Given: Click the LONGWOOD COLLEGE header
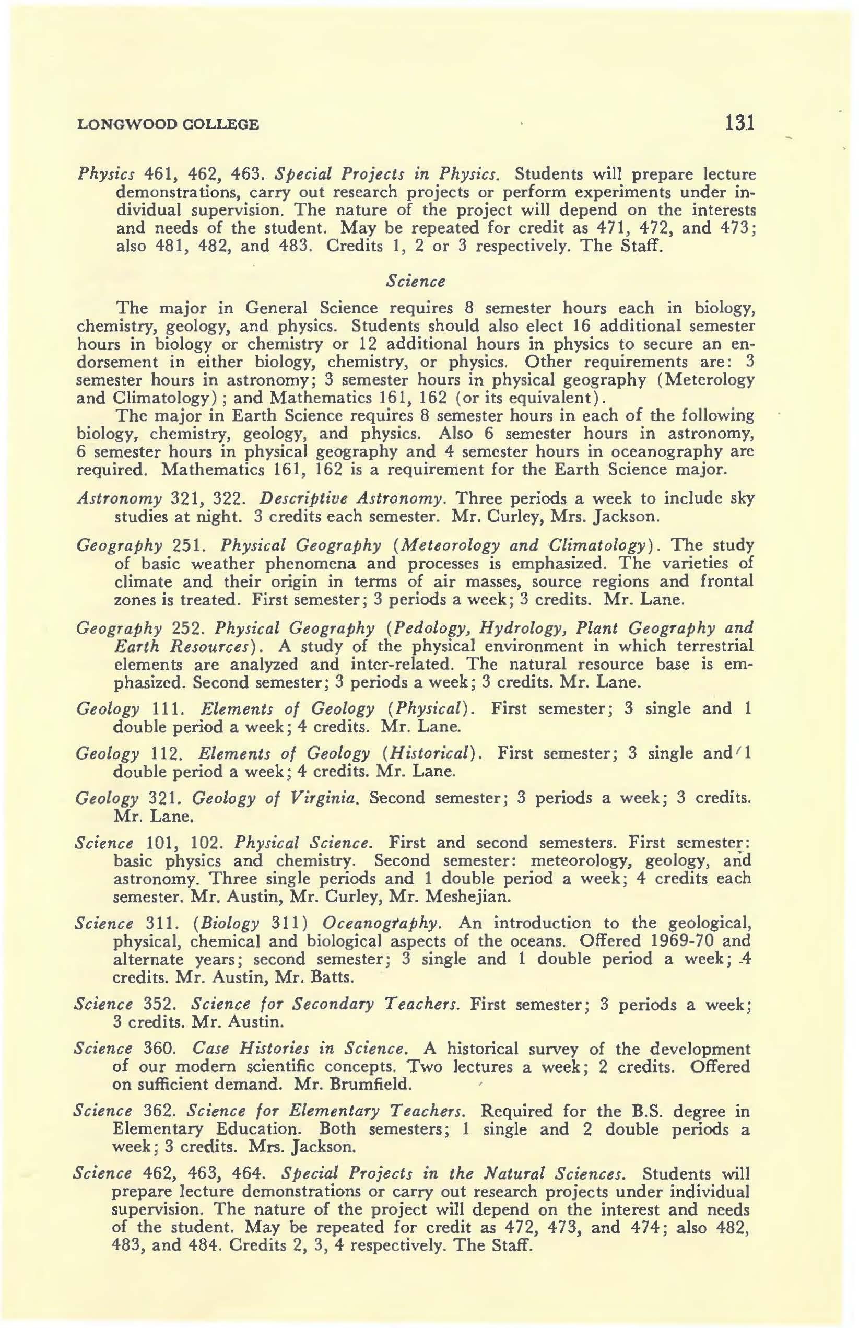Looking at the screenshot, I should [x=168, y=124].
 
